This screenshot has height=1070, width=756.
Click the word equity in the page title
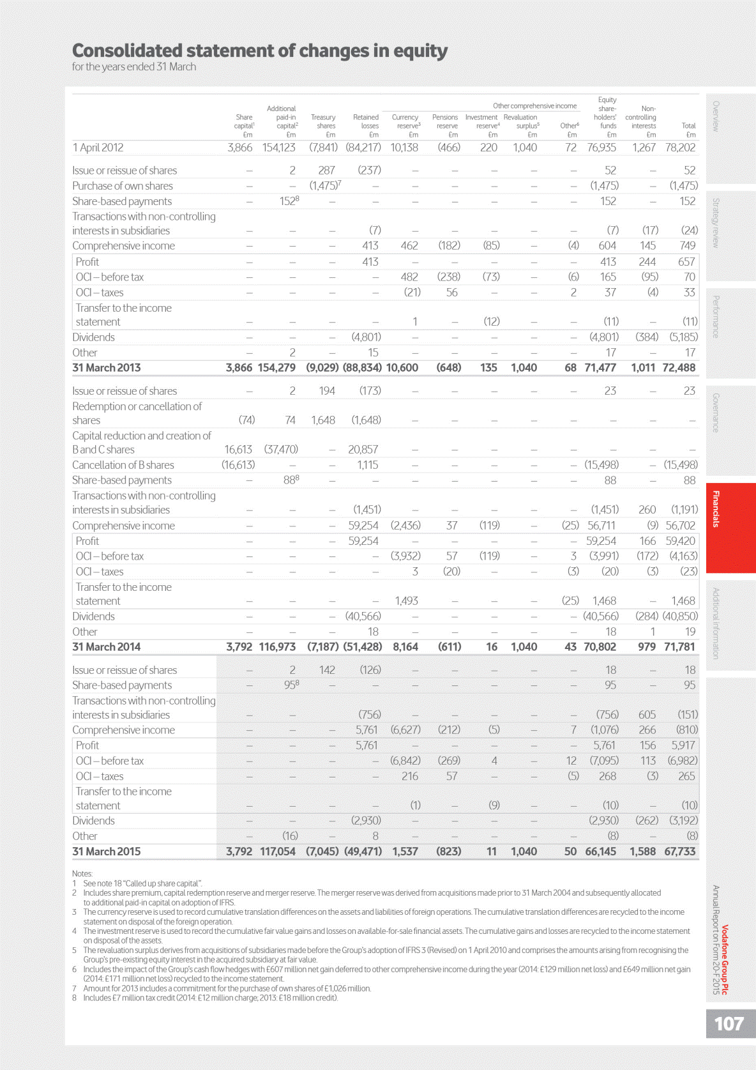click(x=420, y=51)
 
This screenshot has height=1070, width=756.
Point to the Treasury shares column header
click(x=324, y=121)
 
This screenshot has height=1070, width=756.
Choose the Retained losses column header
click(x=367, y=121)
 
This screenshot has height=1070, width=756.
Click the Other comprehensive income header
click(x=534, y=106)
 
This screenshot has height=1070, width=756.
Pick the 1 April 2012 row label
click(x=98, y=148)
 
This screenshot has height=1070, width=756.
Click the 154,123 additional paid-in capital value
click(x=279, y=148)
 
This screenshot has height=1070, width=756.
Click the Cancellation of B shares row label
click(x=123, y=465)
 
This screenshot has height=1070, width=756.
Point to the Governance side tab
click(x=716, y=413)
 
